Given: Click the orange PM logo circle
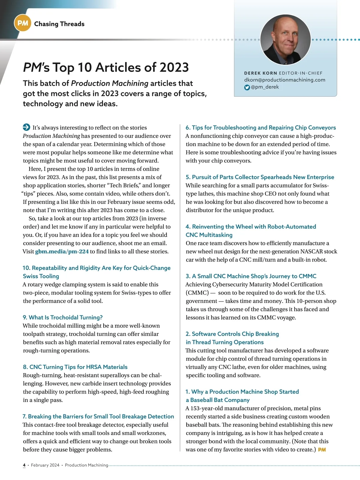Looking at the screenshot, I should (22, 23).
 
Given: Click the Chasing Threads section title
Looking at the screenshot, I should (59, 24).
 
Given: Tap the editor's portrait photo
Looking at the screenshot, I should (285, 39).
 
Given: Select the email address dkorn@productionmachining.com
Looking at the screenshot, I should (284, 80).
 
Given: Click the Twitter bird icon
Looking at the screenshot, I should (247, 87).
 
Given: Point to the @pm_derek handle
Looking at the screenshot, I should (265, 87).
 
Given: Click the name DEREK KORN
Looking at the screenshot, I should (260, 73).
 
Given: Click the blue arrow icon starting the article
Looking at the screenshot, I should (26, 127).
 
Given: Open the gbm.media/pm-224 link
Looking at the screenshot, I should (62, 251).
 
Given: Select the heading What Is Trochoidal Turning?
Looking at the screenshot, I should (63, 317).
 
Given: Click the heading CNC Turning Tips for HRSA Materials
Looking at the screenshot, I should (75, 367).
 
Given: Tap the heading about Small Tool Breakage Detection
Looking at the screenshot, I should (98, 416).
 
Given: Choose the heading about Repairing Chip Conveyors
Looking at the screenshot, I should (260, 127).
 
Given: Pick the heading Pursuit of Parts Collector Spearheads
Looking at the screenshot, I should (259, 177).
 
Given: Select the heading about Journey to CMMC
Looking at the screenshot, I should (251, 276).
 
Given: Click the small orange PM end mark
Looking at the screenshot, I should (322, 450).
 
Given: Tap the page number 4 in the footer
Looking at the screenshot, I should (24, 465).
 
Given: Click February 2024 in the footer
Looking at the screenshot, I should (45, 465).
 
